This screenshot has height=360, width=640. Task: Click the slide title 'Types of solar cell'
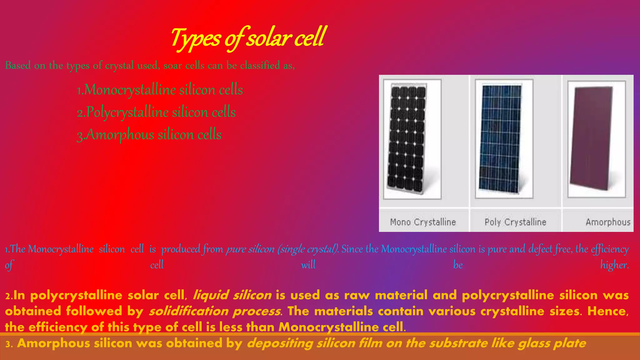tap(248, 38)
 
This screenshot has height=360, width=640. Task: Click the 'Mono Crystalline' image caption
tap(423, 222)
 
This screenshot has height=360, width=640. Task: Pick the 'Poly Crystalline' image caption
tap(515, 222)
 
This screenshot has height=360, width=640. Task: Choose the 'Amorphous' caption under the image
tap(608, 222)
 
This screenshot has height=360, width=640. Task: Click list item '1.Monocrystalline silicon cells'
tap(160, 90)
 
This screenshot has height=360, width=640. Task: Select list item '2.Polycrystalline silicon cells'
tap(156, 112)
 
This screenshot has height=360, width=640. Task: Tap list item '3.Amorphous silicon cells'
tap(149, 135)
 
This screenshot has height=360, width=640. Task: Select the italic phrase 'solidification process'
tap(215, 311)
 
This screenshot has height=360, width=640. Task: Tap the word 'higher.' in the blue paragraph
tap(614, 265)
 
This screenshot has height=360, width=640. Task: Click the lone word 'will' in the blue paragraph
tap(308, 265)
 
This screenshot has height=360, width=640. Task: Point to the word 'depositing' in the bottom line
tap(280, 343)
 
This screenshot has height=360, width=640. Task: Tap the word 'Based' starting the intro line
tap(18, 65)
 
